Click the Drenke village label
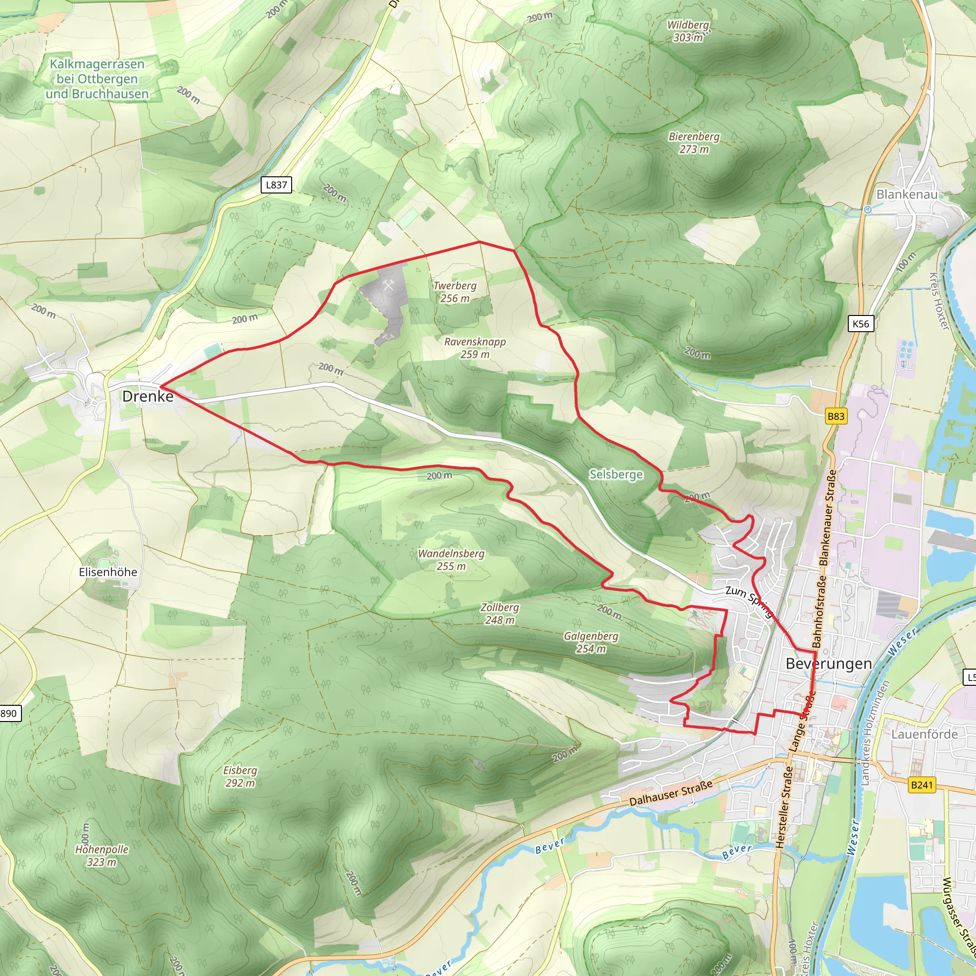(x=148, y=396)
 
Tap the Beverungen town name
(x=828, y=664)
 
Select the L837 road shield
(x=276, y=185)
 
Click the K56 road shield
(x=860, y=324)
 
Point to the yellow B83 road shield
(x=835, y=416)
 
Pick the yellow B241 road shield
(x=922, y=785)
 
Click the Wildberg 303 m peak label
(x=688, y=31)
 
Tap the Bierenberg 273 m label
(x=693, y=143)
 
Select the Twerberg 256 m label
(x=455, y=292)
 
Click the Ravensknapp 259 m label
(x=475, y=348)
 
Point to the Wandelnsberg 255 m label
(x=451, y=560)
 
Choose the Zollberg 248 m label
(x=499, y=614)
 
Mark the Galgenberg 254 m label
(x=590, y=642)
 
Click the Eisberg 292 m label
(x=240, y=776)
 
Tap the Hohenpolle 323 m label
(x=102, y=856)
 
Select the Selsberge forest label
(x=616, y=474)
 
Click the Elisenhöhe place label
(x=108, y=572)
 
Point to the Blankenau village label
(x=907, y=194)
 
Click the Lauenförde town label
(x=924, y=734)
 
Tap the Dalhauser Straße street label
(x=671, y=793)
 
